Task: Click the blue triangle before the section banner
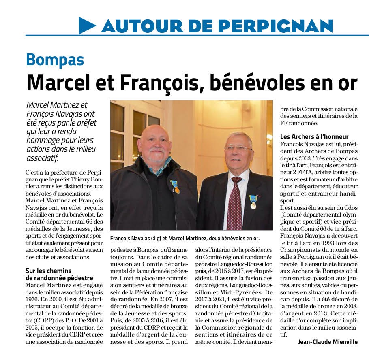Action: pyautogui.click(x=87, y=26)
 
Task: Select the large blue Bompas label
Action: pyautogui.click(x=55, y=60)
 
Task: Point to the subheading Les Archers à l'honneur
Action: pyautogui.click(x=314, y=137)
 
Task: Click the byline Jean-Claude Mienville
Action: pyautogui.click(x=328, y=342)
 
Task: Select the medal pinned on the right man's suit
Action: pyautogui.click(x=253, y=201)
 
